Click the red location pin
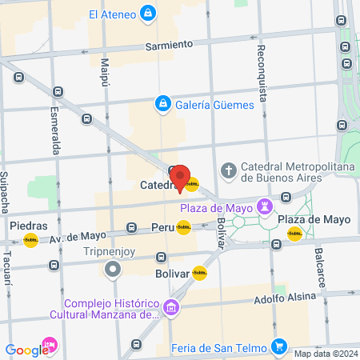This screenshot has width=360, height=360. [x=180, y=178]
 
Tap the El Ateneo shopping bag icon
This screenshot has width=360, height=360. [x=147, y=13]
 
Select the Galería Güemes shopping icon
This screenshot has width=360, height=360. [x=162, y=104]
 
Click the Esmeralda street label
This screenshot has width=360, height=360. [x=56, y=133]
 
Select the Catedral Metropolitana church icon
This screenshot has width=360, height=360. [x=230, y=171]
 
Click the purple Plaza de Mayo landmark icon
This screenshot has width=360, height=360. [x=263, y=207]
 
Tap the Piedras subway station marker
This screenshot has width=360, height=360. [x=30, y=239]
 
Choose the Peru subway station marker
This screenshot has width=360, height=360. [x=183, y=228]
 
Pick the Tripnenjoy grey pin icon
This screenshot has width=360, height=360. [x=113, y=268]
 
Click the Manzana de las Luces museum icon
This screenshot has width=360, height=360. [x=170, y=308]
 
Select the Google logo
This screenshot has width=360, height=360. [x=26, y=350]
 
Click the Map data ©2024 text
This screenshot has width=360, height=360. [x=325, y=354]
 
